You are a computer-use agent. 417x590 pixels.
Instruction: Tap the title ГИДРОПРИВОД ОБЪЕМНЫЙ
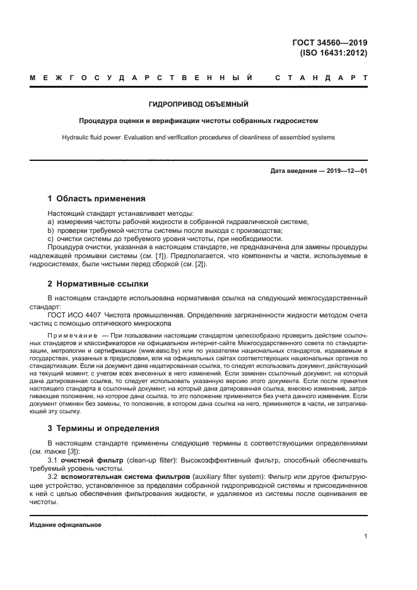[x=197, y=103]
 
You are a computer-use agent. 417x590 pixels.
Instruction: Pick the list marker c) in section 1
[x=50, y=239]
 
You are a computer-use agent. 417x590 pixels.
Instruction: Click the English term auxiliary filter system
[x=225, y=478]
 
